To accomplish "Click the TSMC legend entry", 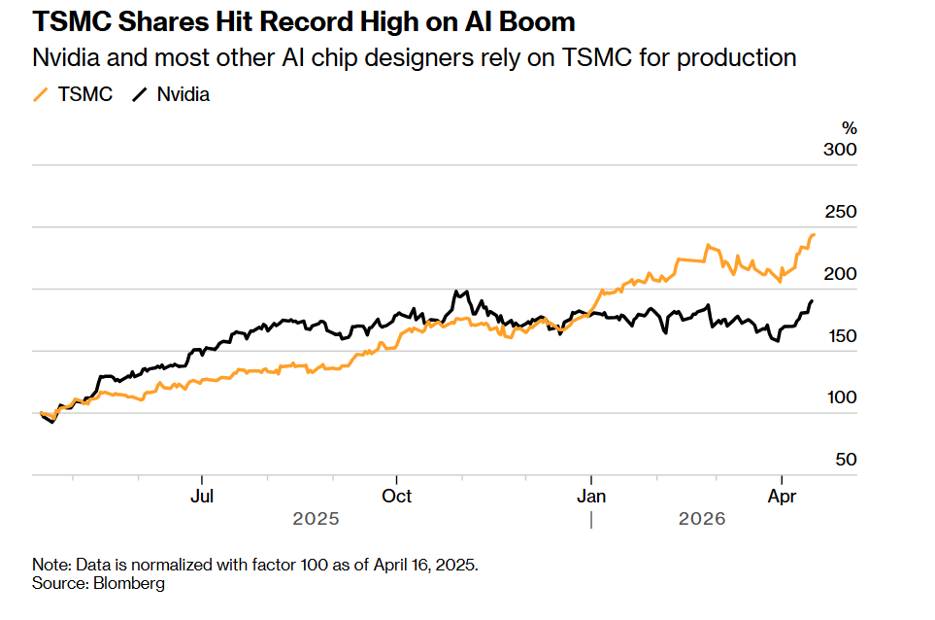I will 73,94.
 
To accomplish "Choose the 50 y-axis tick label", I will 846,461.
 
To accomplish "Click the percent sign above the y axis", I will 850,128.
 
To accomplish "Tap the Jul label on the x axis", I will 201,497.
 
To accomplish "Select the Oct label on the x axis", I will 396,497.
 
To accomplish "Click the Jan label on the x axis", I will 591,497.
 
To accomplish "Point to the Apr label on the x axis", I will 783,497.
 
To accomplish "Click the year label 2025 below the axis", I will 316,520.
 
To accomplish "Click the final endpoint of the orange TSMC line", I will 814,234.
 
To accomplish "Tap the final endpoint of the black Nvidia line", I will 812,301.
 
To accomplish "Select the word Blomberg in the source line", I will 129,584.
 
